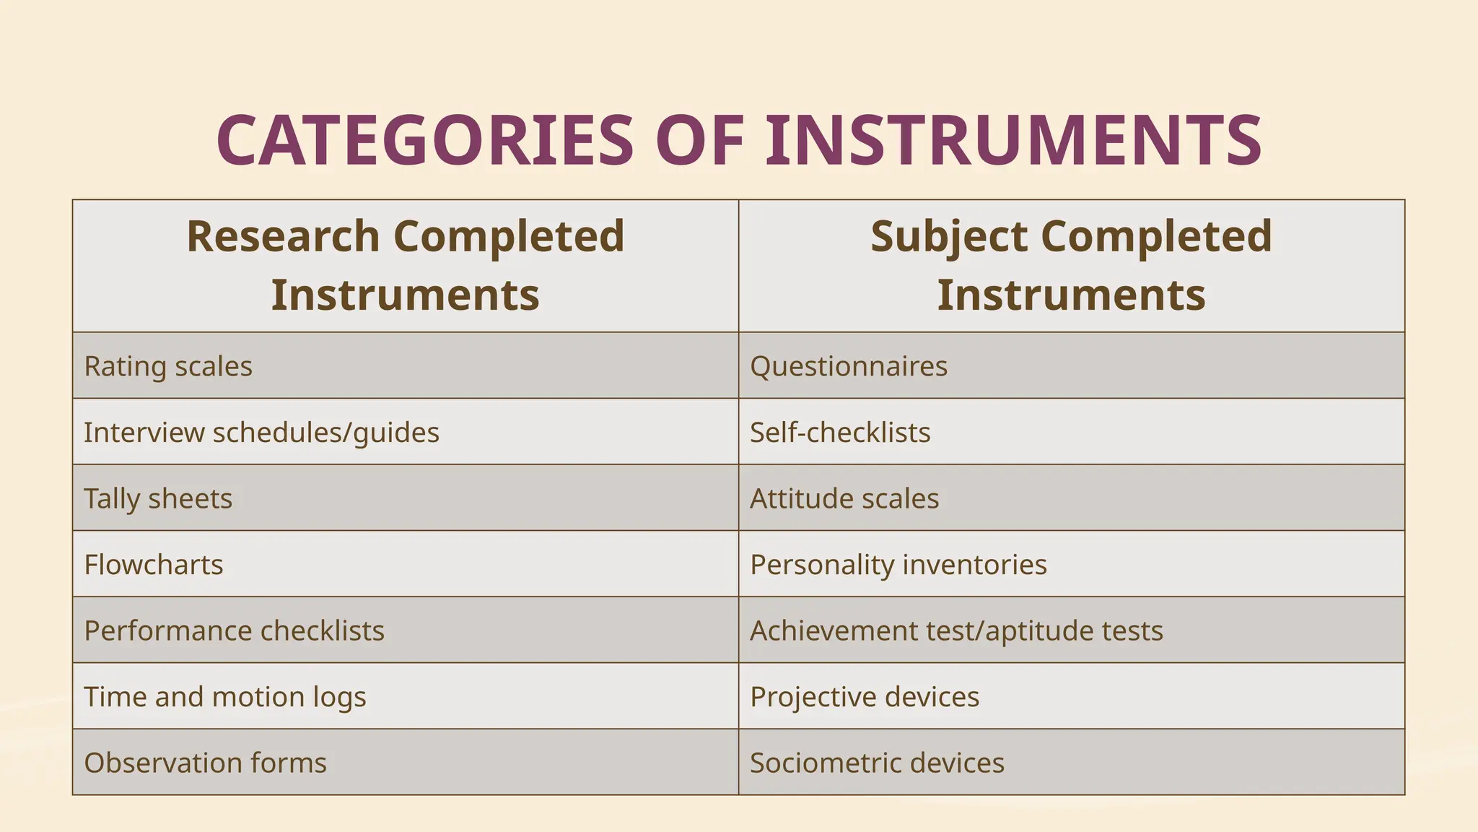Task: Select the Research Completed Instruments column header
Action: point(406,266)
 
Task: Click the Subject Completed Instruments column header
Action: point(1072,266)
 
